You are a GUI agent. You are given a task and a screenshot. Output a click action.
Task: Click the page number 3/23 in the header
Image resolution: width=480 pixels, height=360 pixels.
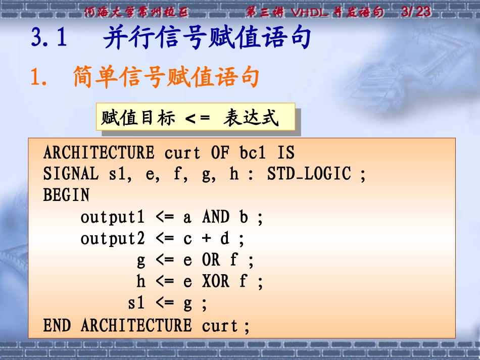tap(415, 12)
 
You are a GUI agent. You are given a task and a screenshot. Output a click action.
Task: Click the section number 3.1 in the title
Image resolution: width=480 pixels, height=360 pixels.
tap(49, 39)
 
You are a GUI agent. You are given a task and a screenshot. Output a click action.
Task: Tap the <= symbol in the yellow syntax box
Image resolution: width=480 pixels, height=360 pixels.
tap(197, 119)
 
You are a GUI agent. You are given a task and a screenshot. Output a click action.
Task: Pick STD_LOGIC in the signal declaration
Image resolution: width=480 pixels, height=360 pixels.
tap(308, 174)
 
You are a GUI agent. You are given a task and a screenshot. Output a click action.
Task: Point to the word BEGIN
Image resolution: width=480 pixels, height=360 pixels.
tap(66, 195)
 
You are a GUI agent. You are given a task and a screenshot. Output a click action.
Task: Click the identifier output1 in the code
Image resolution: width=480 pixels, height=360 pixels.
tap(113, 218)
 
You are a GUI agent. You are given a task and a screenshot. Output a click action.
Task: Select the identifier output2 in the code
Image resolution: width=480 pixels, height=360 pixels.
tap(113, 239)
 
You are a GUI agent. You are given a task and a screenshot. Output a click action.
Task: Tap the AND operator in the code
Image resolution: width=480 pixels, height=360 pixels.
tap(216, 217)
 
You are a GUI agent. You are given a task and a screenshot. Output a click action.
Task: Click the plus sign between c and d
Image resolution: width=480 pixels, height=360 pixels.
tap(206, 238)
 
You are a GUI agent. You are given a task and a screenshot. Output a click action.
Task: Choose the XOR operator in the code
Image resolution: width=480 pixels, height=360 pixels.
tap(216, 282)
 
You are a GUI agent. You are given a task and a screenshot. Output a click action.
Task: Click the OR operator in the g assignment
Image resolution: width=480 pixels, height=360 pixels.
tap(211, 260)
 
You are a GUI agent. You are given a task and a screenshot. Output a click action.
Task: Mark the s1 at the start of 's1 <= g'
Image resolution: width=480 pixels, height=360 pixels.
tap(136, 303)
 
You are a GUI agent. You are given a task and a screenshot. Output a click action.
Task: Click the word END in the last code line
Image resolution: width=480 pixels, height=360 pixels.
tap(57, 326)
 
